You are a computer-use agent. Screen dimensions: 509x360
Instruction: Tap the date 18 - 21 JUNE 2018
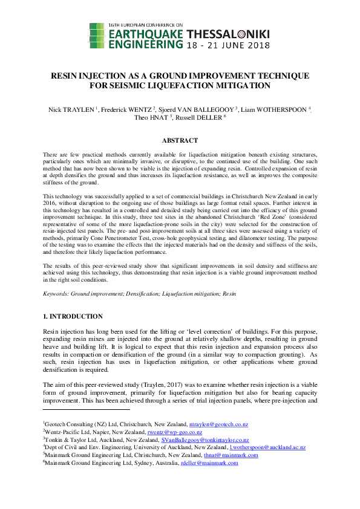click(227, 45)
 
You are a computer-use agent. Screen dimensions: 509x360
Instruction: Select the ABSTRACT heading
click(180, 140)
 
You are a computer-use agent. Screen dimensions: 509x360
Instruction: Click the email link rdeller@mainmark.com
click(209, 463)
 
